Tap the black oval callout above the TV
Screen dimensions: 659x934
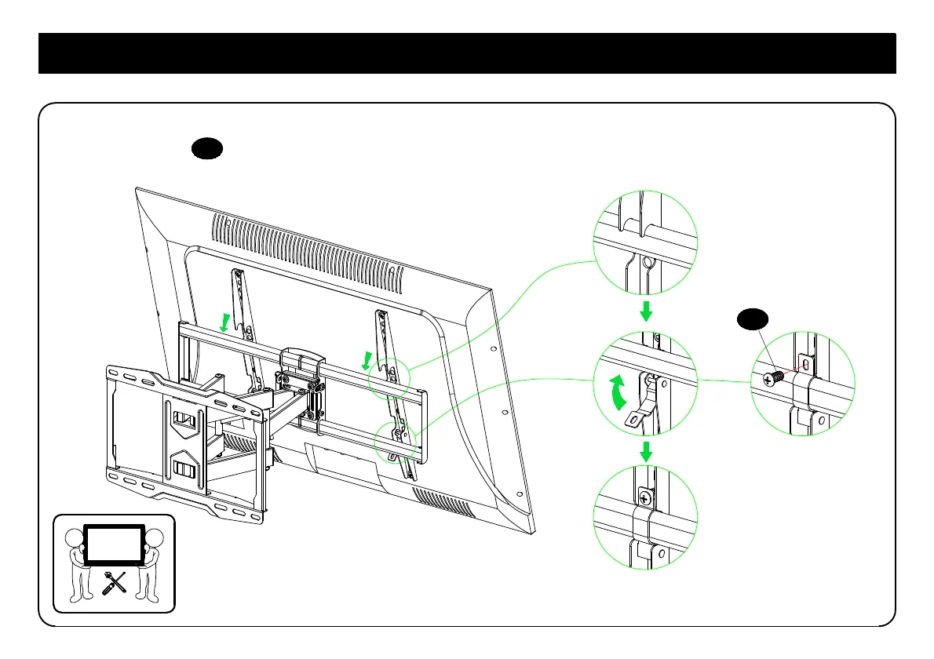coord(208,148)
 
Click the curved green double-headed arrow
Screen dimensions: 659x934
coord(618,391)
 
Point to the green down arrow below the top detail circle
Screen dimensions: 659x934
coord(646,313)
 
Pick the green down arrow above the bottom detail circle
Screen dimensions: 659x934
coord(646,451)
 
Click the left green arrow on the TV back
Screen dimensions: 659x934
coord(226,322)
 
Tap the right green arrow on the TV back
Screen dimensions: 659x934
coord(367,361)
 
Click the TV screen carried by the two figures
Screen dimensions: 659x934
coord(114,544)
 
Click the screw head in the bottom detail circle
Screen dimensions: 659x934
coord(645,497)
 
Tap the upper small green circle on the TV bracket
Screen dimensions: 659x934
coord(390,377)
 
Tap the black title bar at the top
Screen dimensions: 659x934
coord(467,53)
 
